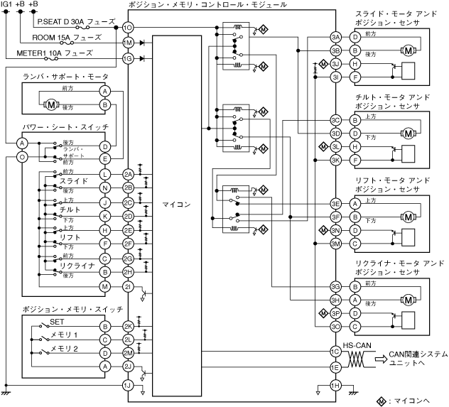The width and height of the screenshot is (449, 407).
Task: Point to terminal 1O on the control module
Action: click(129, 28)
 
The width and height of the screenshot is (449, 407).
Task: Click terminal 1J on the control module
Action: click(129, 385)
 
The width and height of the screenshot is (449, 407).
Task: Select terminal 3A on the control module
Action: click(336, 36)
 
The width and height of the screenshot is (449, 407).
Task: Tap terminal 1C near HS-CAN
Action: click(336, 352)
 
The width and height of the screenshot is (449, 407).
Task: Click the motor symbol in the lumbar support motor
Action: click(51, 104)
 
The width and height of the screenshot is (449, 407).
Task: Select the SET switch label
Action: click(58, 322)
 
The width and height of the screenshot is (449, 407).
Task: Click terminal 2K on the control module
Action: click(129, 325)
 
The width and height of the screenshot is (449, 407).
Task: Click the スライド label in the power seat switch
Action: click(73, 182)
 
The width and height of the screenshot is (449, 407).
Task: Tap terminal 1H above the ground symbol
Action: click(336, 384)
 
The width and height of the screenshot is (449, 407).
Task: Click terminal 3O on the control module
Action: click(336, 325)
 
